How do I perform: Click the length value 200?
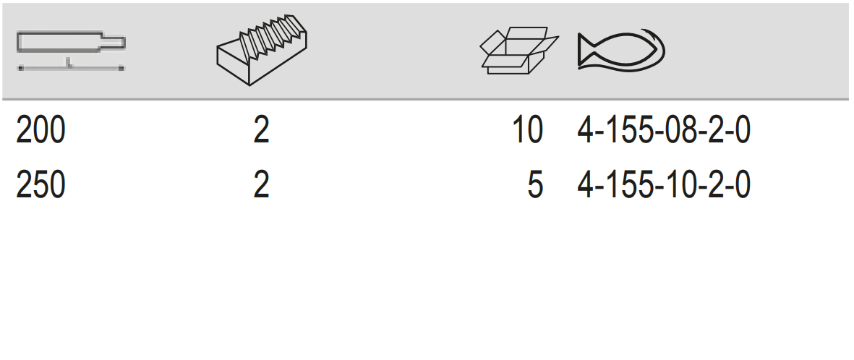pos(40,132)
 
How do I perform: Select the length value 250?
pos(40,186)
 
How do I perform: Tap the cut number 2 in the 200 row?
pos(261,132)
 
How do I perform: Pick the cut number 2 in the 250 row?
pos(261,186)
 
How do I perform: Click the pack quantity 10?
pos(526,132)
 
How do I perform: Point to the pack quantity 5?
pos(534,186)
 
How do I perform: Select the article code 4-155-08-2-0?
pos(663,132)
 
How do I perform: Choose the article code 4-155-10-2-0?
pos(663,186)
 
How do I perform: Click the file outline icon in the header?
pos(71,43)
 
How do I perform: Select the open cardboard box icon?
pos(518,51)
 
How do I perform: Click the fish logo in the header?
pos(620,51)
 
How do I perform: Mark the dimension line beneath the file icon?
pos(71,68)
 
